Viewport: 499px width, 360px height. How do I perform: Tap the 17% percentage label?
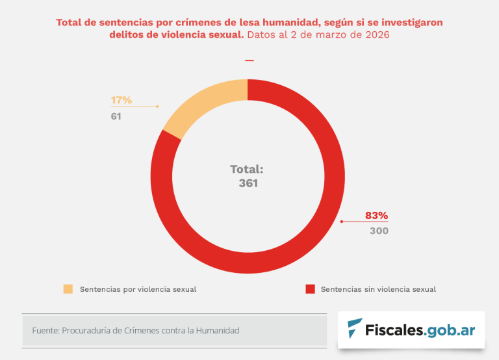point(121,100)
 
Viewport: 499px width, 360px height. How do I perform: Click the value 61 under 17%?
point(116,116)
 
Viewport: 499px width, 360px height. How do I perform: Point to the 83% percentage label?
point(376,215)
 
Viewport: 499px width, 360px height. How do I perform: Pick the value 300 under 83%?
point(379,231)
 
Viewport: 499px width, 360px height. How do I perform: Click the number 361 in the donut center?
point(248,183)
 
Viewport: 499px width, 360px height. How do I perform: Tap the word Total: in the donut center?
point(247,169)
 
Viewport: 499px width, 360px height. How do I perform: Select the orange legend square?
point(68,289)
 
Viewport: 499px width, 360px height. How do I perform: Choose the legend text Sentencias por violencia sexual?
point(138,289)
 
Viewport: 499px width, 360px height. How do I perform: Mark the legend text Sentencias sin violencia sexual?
point(378,289)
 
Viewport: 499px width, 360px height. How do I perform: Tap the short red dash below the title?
point(249,60)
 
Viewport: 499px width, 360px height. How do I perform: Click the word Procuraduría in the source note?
point(86,331)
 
